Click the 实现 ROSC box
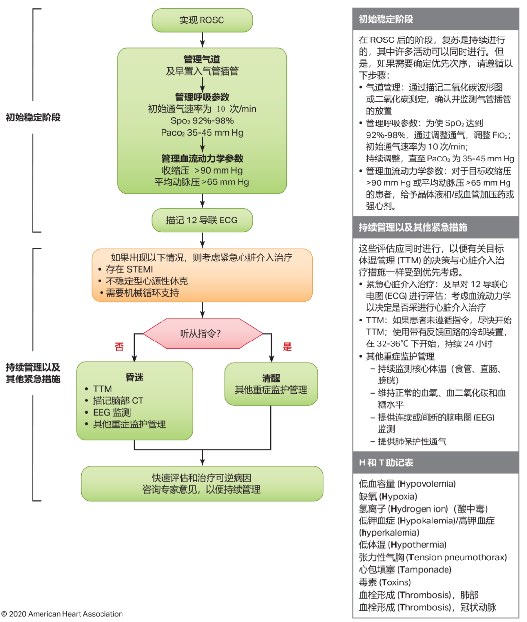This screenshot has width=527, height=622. point(202,20)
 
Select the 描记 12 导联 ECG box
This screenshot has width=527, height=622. point(202,221)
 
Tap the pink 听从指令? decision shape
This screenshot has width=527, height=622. point(202,334)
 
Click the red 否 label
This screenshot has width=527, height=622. point(120,347)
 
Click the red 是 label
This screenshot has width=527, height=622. point(287,347)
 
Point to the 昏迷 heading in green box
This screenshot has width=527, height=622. point(135,377)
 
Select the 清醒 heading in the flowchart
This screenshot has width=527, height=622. point(271,378)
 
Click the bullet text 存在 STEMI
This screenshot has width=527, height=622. point(129,269)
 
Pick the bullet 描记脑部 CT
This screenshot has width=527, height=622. point(118,401)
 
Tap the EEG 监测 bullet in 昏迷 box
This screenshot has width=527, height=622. point(112,412)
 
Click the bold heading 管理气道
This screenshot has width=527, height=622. point(202,59)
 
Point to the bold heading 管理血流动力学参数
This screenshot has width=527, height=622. point(202,159)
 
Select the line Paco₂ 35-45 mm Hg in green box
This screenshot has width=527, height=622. point(202,133)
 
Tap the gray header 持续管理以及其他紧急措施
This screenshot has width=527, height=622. point(413,227)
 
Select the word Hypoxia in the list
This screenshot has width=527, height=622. point(400,497)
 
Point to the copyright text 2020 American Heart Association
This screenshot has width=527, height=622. point(65,614)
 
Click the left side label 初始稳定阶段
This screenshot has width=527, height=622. point(33,118)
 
